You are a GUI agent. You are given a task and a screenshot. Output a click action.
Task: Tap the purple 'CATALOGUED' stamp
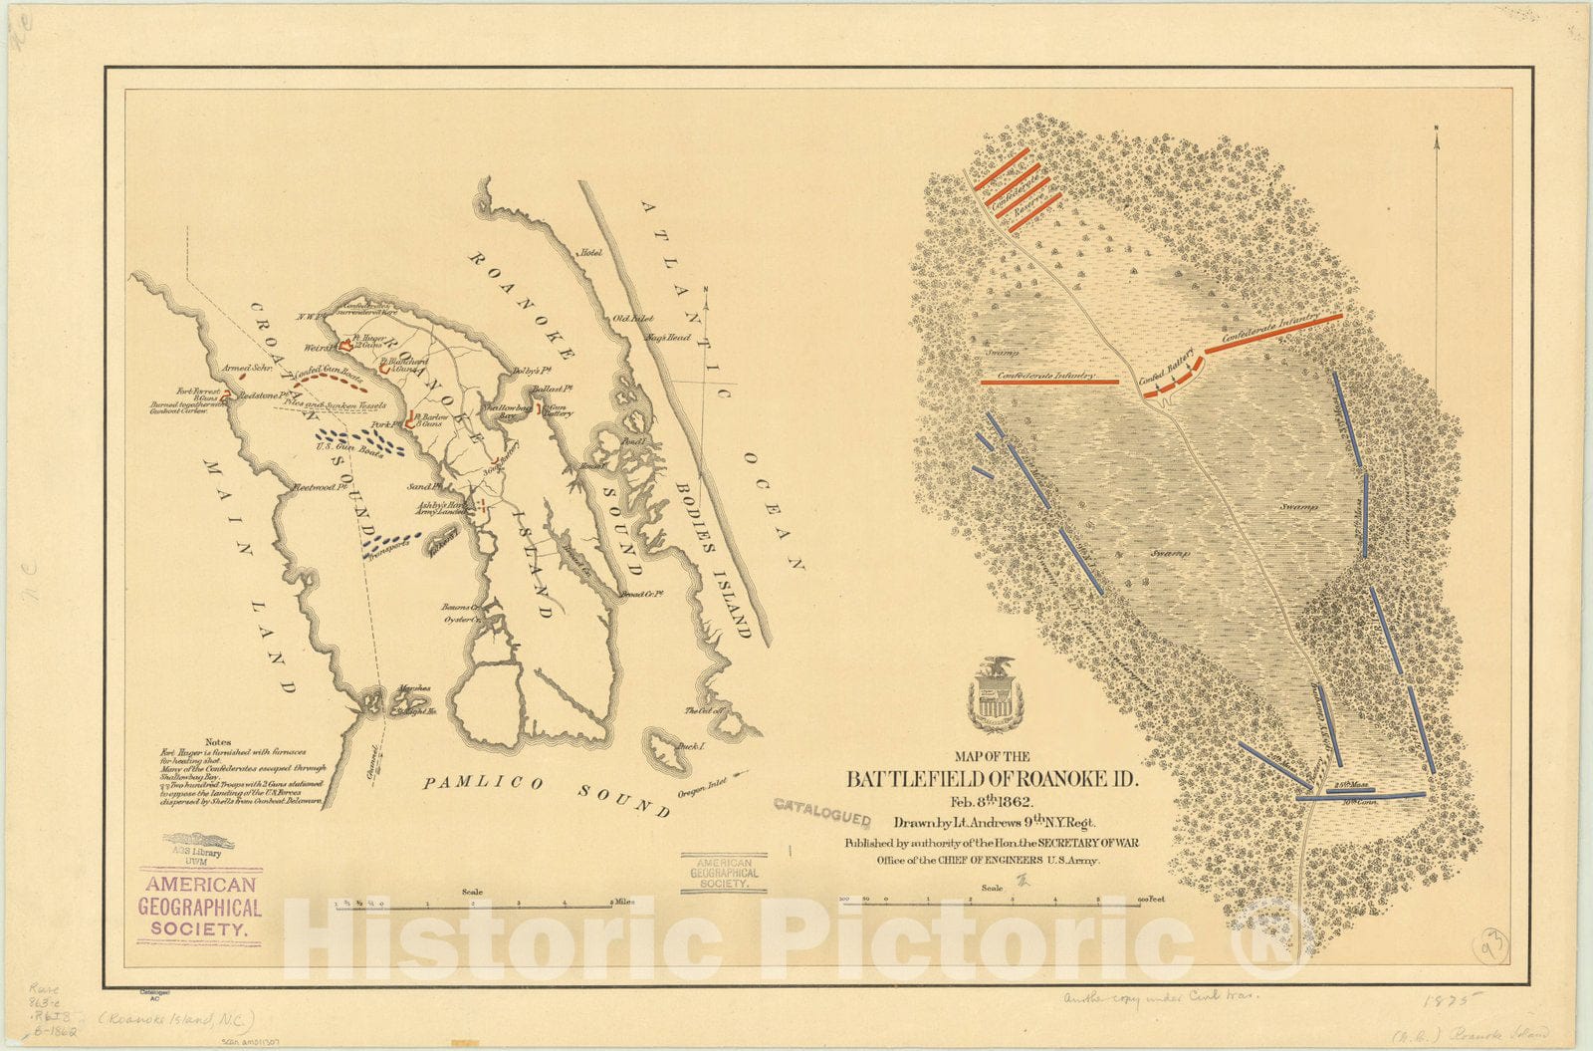[822, 811]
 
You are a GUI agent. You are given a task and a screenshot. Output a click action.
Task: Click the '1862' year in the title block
[1013, 801]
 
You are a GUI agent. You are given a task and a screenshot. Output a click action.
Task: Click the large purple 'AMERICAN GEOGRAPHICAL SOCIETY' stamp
[204, 907]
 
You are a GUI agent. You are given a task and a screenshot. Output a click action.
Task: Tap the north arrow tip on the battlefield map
[1437, 131]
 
